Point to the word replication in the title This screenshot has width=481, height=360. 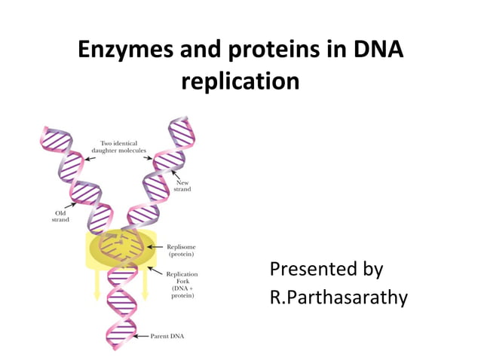point(240,81)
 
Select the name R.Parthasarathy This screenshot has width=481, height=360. point(339,297)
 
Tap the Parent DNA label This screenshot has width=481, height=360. point(170,336)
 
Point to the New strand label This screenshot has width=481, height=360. point(183,185)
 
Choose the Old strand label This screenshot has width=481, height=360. point(61,216)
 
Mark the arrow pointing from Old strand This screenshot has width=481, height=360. point(72,205)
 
